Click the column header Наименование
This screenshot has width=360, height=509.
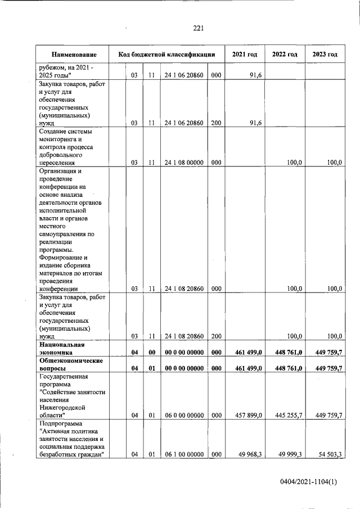(74, 55)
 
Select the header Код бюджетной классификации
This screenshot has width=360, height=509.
(166, 55)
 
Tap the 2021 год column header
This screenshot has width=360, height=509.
(245, 55)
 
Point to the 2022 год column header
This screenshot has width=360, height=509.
(285, 55)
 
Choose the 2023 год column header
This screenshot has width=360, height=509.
(325, 55)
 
